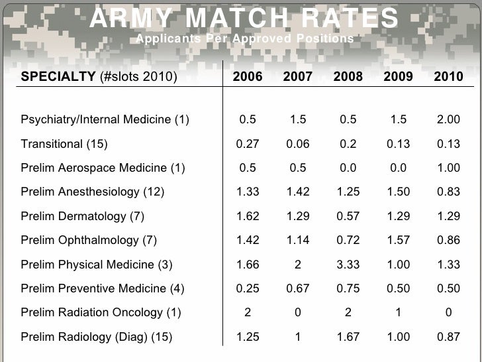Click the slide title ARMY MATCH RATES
pos(244,18)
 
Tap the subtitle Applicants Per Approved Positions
pos(244,39)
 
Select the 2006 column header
pos(248,76)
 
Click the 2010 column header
pos(448,76)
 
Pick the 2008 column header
pos(348,76)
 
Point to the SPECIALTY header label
pos(58,76)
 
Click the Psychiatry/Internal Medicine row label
pos(105,120)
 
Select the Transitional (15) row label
pos(64,144)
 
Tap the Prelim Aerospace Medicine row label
pos(103,168)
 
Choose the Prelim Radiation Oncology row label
pos(101,312)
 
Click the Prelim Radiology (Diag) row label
pos(96,337)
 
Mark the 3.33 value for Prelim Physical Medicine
pos(348,265)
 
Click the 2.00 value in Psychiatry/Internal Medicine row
pos(448,120)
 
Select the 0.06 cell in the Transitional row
pos(297,144)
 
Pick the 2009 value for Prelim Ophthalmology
pos(398,240)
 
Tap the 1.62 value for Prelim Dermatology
pos(248,216)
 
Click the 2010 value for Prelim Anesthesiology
pos(448,192)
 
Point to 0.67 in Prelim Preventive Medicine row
pos(297,288)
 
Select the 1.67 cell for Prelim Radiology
pos(348,337)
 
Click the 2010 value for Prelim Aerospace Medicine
pos(448,168)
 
